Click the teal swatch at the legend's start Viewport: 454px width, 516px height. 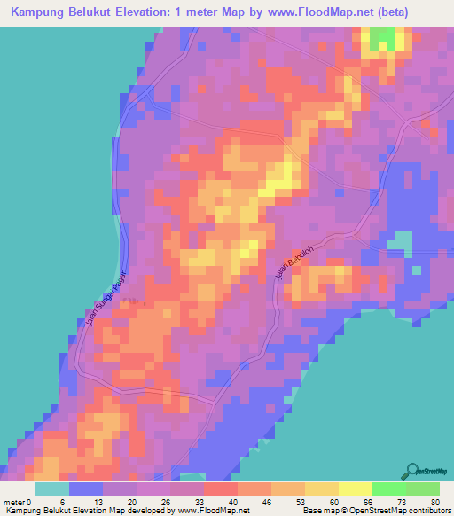pyautogui.click(x=52, y=489)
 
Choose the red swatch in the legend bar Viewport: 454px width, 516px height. pyautogui.click(x=220, y=489)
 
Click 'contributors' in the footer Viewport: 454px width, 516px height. pyautogui.click(x=424, y=511)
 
